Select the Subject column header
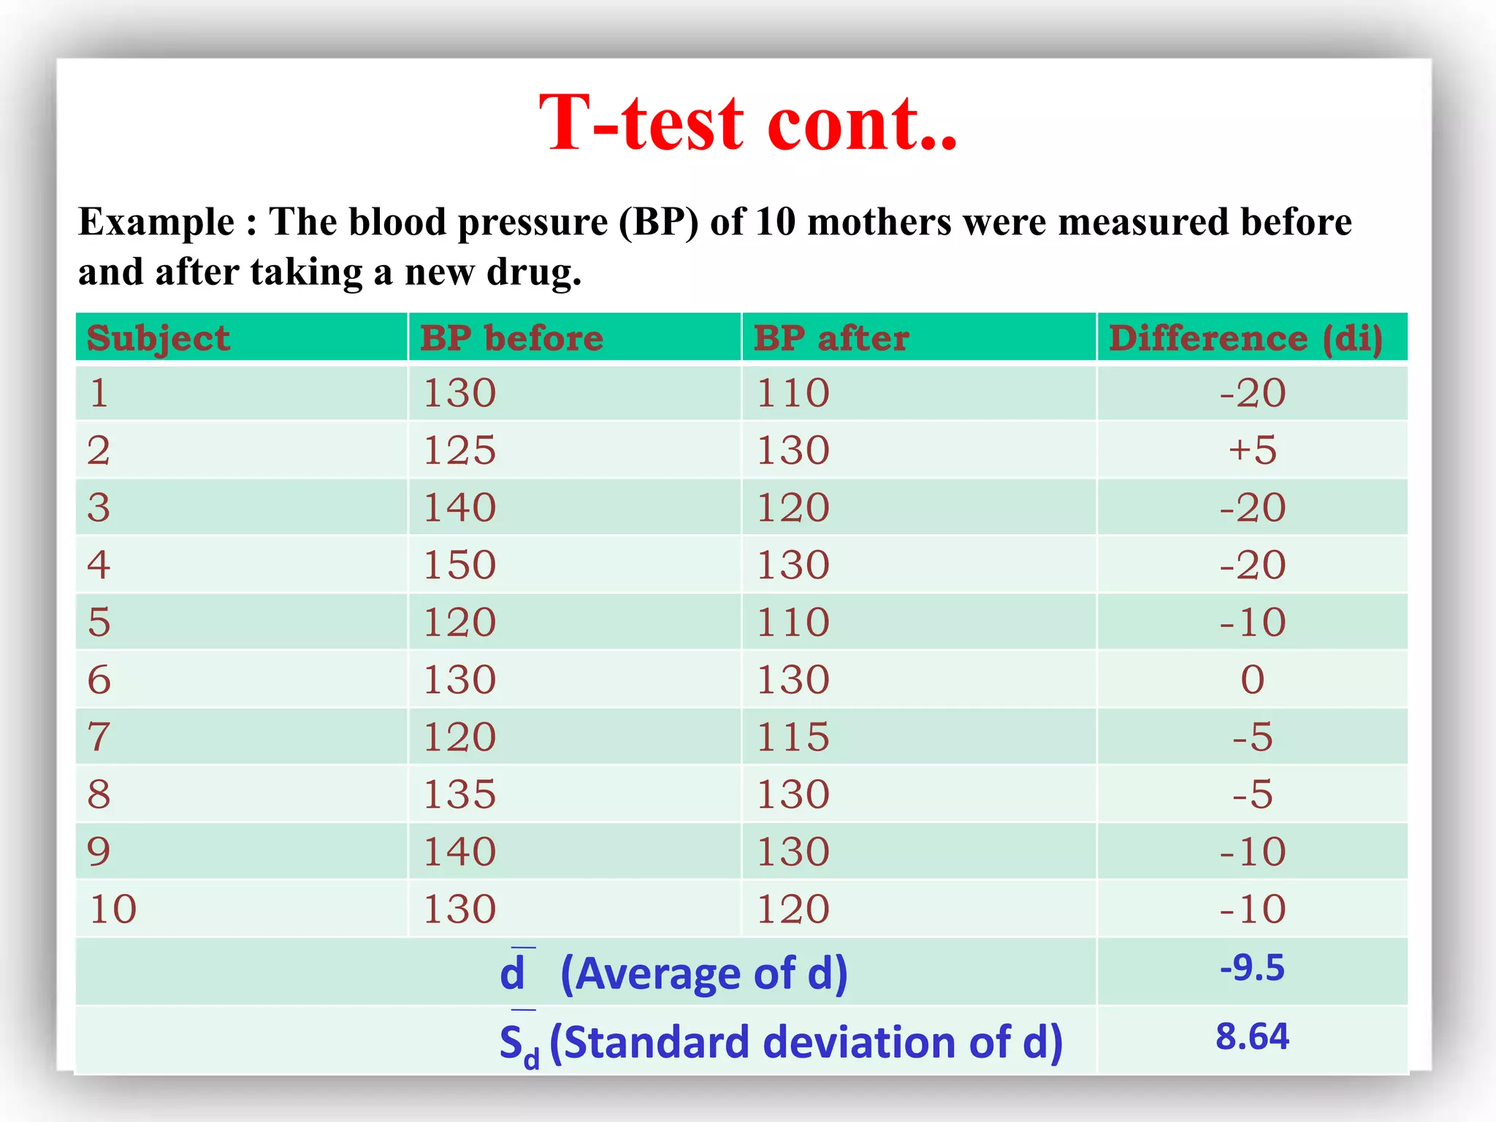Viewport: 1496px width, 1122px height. click(159, 338)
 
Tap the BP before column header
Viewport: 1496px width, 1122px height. click(511, 338)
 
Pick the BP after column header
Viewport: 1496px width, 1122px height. click(831, 338)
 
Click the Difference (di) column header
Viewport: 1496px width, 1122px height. click(1245, 338)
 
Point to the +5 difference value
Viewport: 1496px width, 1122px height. click(1252, 450)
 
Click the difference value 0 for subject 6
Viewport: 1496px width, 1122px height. click(1252, 679)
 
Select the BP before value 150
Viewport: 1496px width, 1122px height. click(460, 565)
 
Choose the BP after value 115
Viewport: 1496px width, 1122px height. click(793, 736)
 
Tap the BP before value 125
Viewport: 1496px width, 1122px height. click(460, 450)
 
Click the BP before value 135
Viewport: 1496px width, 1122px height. click(460, 794)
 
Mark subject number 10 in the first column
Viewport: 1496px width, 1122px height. click(112, 909)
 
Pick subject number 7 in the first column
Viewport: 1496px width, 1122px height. click(99, 736)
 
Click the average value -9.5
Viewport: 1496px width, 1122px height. click(1252, 968)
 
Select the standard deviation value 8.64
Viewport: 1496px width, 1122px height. click(1252, 1037)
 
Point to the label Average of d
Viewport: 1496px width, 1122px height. click(703, 974)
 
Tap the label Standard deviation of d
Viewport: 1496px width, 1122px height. click(805, 1042)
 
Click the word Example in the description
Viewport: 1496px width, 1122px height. click(156, 222)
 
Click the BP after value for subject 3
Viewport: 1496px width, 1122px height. click(793, 508)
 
